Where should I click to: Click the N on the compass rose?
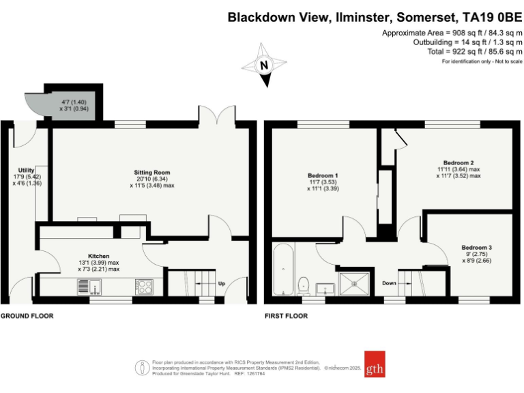pos(264,65)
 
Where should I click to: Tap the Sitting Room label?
pos(152,173)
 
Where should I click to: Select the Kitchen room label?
pos(98,256)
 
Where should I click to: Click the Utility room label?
pos(26,170)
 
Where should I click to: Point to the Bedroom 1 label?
pos(323,175)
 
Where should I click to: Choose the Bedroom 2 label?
pos(458,163)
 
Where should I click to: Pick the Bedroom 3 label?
pos(476,248)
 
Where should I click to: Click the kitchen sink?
pos(89,287)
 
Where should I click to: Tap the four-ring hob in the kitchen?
pos(144,287)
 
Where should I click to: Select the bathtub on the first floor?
pos(284,269)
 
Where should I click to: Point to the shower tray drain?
pos(354,284)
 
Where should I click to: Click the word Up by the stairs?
pos(222,283)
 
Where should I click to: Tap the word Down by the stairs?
pos(390,283)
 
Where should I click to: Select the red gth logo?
pos(375,364)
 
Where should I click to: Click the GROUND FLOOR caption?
pos(27,316)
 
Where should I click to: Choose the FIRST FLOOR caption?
pos(287,316)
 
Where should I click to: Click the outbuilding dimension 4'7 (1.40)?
pos(74,102)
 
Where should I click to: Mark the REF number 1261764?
pos(256,374)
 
